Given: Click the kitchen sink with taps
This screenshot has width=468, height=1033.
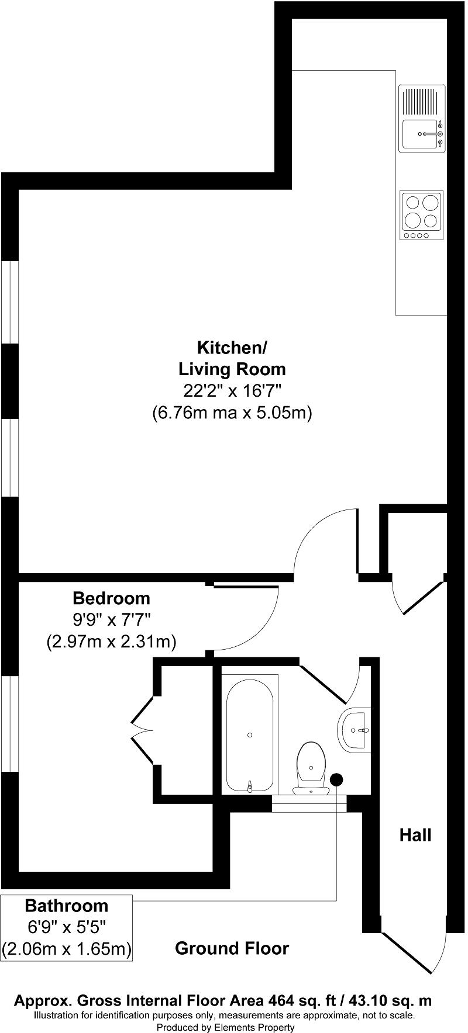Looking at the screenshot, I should (x=422, y=119).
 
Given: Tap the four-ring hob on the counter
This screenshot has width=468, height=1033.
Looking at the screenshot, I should (x=422, y=215).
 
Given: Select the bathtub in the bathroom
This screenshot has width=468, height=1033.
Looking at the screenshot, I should (x=250, y=734).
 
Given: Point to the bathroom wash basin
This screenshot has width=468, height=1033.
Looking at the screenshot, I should (x=355, y=730).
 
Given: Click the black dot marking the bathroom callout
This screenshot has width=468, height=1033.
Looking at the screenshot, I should (x=336, y=779).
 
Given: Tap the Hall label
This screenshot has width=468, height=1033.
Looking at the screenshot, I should (x=415, y=835).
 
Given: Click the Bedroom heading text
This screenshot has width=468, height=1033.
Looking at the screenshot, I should (x=111, y=598).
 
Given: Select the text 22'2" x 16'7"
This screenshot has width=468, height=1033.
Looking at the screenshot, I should (x=232, y=391).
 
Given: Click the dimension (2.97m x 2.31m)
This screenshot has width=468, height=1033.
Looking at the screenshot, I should (x=111, y=642).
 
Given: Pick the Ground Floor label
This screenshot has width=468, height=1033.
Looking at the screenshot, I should (x=232, y=948).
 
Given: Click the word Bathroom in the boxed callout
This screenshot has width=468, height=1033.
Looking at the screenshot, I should (x=66, y=906).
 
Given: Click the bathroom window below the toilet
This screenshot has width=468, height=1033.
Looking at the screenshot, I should (x=309, y=804).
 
